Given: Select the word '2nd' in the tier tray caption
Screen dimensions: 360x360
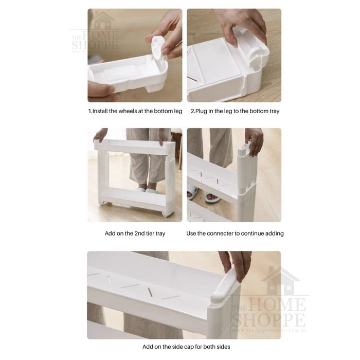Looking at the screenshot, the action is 139,233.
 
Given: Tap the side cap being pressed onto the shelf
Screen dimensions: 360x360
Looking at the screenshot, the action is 225,285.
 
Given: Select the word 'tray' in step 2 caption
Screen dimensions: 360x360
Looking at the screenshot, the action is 274,112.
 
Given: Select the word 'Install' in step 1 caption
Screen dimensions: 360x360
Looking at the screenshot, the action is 100,111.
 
